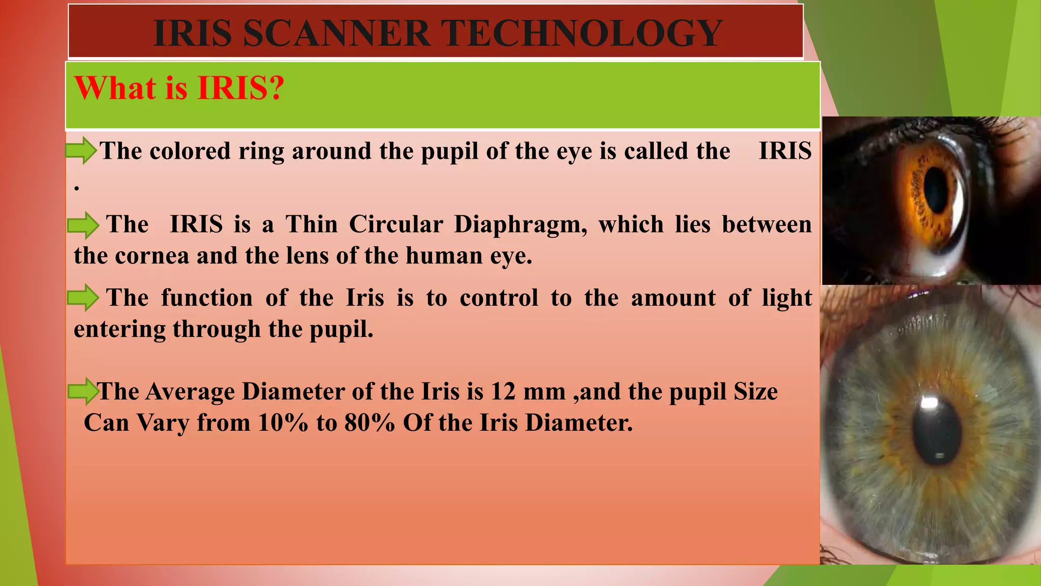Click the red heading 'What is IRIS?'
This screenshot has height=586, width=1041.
pyautogui.click(x=179, y=88)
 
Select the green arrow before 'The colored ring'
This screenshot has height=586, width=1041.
pyautogui.click(x=81, y=151)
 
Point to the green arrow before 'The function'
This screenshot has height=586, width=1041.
pyautogui.click(x=83, y=298)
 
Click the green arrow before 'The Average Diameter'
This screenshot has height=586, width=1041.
pyautogui.click(x=83, y=391)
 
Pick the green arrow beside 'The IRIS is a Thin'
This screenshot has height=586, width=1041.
pyautogui.click(x=83, y=225)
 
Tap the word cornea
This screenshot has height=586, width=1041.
pyautogui.click(x=152, y=256)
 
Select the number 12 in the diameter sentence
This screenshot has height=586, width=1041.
pyautogui.click(x=503, y=392)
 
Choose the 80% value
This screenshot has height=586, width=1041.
pyautogui.click(x=370, y=423)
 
